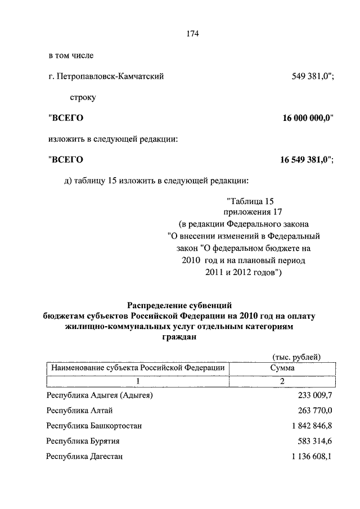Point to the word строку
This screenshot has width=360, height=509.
click(83, 97)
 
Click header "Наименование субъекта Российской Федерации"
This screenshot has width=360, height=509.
click(138, 368)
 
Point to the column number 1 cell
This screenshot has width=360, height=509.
click(138, 381)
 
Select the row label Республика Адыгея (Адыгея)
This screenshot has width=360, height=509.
click(100, 396)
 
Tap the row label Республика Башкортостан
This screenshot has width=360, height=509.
click(94, 426)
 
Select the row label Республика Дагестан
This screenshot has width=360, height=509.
click(85, 457)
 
